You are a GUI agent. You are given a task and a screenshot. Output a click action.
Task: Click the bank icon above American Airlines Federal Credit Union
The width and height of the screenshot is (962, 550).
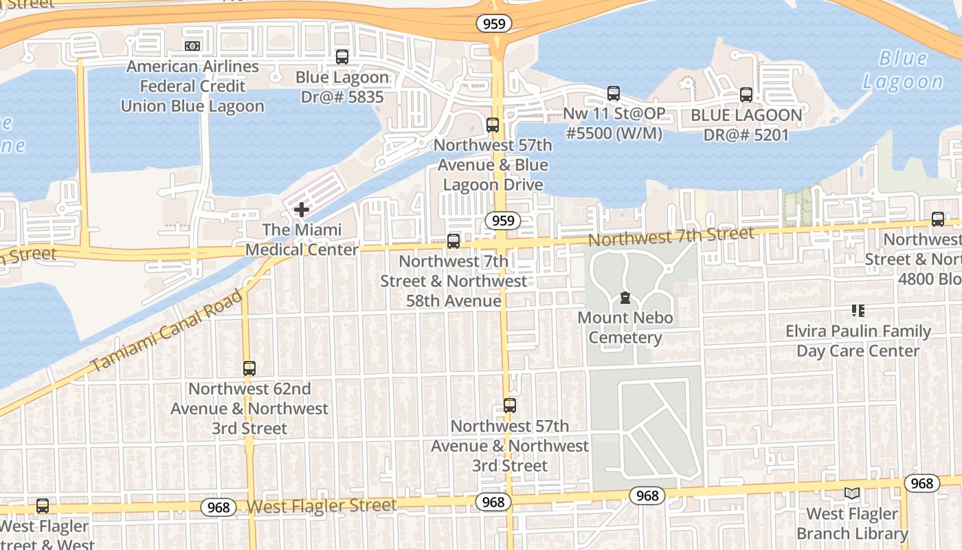[x=192, y=46]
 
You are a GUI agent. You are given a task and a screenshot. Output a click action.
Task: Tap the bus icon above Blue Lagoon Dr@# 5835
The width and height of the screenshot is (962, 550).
[x=342, y=57]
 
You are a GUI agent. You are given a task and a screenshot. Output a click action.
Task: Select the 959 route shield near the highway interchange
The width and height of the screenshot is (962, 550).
[x=493, y=24]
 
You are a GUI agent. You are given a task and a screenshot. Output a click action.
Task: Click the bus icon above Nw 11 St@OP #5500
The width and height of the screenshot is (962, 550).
[x=613, y=93]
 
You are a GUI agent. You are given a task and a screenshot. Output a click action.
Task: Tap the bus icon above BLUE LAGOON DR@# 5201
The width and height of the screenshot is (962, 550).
[x=746, y=95]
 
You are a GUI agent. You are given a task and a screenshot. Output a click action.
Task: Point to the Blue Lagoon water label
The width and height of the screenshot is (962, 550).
[x=902, y=70]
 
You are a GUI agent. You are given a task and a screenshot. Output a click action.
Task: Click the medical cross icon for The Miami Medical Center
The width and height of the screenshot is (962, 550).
[x=301, y=210]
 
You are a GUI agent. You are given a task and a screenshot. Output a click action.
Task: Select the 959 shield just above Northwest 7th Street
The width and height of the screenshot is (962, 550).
[x=502, y=221]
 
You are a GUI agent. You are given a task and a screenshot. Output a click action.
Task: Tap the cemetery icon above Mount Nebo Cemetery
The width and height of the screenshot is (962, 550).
[x=625, y=298]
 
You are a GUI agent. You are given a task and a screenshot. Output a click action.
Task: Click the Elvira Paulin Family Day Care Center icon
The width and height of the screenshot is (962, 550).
[x=858, y=311]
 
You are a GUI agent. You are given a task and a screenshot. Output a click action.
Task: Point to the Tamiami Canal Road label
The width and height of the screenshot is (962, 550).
[x=167, y=331]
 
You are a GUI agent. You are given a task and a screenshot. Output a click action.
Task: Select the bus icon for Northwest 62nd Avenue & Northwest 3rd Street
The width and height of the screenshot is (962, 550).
[x=249, y=368]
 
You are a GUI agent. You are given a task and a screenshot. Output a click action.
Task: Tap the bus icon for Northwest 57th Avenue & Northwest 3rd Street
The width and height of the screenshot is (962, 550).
[x=509, y=406]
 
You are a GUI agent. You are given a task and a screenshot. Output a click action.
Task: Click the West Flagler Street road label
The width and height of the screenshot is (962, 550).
[x=322, y=506]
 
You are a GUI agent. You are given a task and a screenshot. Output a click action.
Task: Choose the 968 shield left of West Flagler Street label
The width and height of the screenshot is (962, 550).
[x=219, y=508]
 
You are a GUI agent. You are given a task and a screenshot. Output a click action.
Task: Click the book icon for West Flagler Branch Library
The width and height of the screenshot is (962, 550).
[x=852, y=494]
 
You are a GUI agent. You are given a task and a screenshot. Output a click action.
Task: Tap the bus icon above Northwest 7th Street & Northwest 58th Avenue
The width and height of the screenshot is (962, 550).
[x=453, y=241]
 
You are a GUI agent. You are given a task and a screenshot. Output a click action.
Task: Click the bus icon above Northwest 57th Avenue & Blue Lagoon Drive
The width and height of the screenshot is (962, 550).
[x=492, y=125]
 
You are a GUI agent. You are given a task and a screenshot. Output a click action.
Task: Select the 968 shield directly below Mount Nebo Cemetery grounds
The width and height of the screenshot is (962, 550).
[x=647, y=496]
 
